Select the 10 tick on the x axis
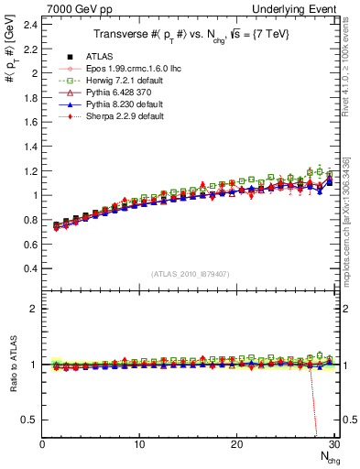(x=139, y=444)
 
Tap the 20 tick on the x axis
(x=236, y=444)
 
